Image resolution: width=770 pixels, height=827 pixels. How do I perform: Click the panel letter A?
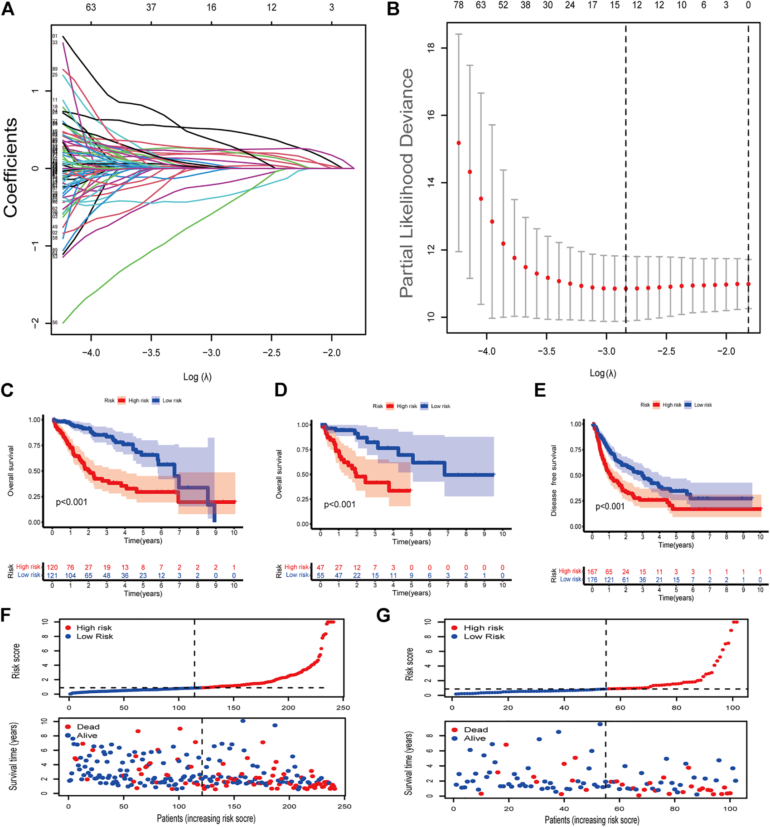point(8,9)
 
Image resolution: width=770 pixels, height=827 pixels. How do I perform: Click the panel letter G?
point(383,617)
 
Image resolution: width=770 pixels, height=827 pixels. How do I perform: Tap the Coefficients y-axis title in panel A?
point(11,168)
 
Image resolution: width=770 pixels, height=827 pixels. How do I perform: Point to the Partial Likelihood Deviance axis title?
point(407,183)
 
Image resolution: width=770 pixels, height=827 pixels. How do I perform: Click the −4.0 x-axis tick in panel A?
point(91,353)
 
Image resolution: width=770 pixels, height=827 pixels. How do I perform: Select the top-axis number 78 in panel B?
point(459,5)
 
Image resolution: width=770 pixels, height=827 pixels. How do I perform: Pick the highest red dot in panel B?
point(459,143)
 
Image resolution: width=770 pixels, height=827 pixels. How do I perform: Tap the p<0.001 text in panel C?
point(72,502)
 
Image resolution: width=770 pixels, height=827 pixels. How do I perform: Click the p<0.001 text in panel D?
point(339,504)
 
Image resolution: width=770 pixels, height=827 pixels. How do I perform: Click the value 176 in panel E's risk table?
point(592,579)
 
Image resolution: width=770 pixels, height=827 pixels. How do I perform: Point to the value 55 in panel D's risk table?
point(320,575)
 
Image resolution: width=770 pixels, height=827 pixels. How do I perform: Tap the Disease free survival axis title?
point(554,481)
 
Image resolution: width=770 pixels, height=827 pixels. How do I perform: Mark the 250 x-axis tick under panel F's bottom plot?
point(344,806)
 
